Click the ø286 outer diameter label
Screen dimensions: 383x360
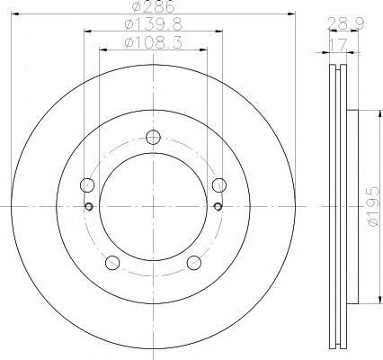coord(153,6)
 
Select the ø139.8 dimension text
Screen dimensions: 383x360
coord(153,24)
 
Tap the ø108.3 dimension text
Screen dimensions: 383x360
coord(153,42)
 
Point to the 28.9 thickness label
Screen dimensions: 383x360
coord(346,23)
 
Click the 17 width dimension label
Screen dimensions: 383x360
coord(338,44)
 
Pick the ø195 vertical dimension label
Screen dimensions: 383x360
coord(375,206)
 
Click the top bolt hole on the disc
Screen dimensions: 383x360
coord(153,138)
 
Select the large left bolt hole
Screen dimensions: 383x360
coord(87,184)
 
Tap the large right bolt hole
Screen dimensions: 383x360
coord(219,184)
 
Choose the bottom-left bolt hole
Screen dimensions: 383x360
coord(112,263)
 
